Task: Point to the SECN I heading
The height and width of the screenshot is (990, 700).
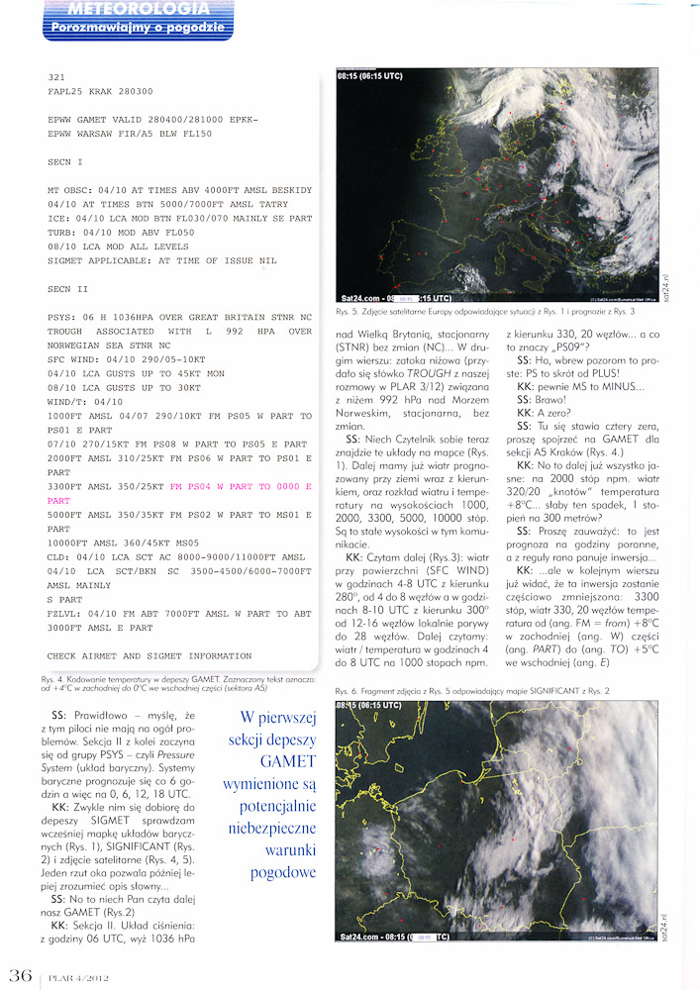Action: [x=66, y=160]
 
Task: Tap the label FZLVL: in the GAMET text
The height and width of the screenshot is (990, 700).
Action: [x=66, y=614]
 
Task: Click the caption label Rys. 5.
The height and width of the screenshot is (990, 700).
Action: [x=349, y=311]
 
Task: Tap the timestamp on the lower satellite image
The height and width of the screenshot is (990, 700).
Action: [x=367, y=706]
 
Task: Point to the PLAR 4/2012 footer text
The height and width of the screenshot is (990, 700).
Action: [x=75, y=976]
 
